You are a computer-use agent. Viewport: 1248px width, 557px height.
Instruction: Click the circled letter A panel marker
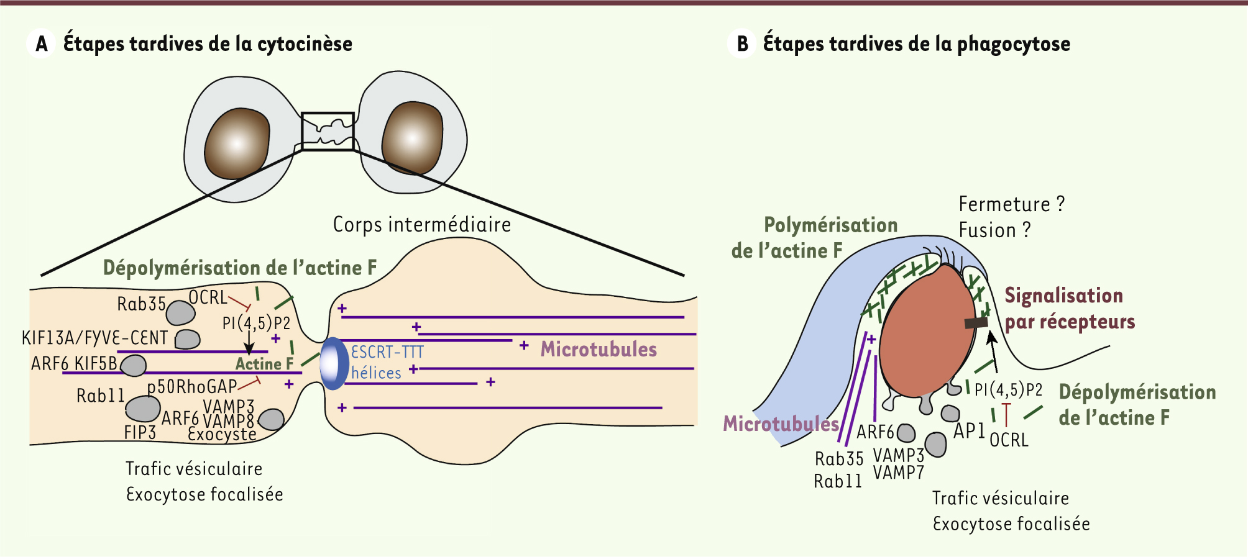(x=41, y=44)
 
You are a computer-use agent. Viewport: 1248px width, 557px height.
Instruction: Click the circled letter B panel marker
(x=741, y=44)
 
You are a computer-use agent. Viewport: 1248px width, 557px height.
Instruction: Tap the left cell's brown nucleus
(x=237, y=144)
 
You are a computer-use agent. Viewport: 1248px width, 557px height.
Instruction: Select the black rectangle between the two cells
(x=328, y=131)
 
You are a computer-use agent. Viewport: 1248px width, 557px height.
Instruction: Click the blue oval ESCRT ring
(x=334, y=363)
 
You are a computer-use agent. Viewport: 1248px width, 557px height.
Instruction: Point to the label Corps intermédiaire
(x=422, y=224)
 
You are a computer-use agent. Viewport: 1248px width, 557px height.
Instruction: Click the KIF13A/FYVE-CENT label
(x=94, y=338)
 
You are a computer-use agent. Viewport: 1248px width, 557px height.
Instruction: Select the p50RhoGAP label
(x=191, y=387)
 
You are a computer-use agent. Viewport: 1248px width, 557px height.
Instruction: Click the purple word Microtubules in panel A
(x=599, y=349)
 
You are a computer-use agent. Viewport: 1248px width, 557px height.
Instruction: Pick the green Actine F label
(x=264, y=364)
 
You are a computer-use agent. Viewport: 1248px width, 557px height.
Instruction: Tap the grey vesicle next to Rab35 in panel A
(x=181, y=313)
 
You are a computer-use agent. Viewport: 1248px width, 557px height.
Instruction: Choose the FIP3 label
(x=140, y=432)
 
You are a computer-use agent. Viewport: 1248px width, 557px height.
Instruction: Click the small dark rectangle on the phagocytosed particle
(x=976, y=323)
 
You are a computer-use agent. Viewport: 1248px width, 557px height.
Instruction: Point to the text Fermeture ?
(x=1011, y=204)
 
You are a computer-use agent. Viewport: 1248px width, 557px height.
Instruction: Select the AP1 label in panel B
(x=969, y=430)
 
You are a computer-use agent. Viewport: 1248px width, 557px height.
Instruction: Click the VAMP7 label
(x=898, y=473)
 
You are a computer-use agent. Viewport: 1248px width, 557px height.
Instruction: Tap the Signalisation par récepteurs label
(x=1070, y=309)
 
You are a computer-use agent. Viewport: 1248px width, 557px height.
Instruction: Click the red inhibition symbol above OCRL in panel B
(x=1006, y=414)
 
